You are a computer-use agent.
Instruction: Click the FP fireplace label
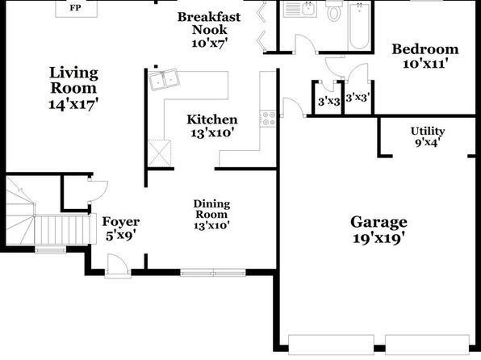pyautogui.click(x=76, y=8)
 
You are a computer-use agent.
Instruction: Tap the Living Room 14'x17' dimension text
pyautogui.click(x=73, y=104)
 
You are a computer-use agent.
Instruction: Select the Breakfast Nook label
pyautogui.click(x=209, y=23)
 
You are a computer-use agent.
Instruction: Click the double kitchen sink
pyautogui.click(x=164, y=79)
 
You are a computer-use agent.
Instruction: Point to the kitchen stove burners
pyautogui.click(x=268, y=119)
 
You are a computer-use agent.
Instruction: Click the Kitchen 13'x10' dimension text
pyautogui.click(x=212, y=133)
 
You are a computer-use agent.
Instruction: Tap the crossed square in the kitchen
pyautogui.click(x=160, y=153)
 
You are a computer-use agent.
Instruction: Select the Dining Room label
pyautogui.click(x=211, y=209)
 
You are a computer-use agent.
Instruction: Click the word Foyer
pyautogui.click(x=121, y=221)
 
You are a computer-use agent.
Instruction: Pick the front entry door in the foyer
pyautogui.click(x=118, y=266)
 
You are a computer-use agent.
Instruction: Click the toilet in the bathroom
pyautogui.click(x=334, y=10)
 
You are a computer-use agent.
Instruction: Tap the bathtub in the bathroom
pyautogui.click(x=359, y=26)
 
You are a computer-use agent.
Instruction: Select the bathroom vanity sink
pyautogui.click(x=308, y=8)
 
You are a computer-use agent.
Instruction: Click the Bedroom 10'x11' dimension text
pyautogui.click(x=425, y=64)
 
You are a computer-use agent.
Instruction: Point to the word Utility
pyautogui.click(x=428, y=132)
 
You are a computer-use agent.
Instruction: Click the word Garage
pyautogui.click(x=379, y=223)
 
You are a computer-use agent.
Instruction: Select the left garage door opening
pyautogui.click(x=332, y=345)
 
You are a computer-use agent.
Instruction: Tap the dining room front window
pyautogui.click(x=213, y=273)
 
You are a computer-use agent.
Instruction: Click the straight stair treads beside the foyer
pyautogui.click(x=62, y=229)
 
